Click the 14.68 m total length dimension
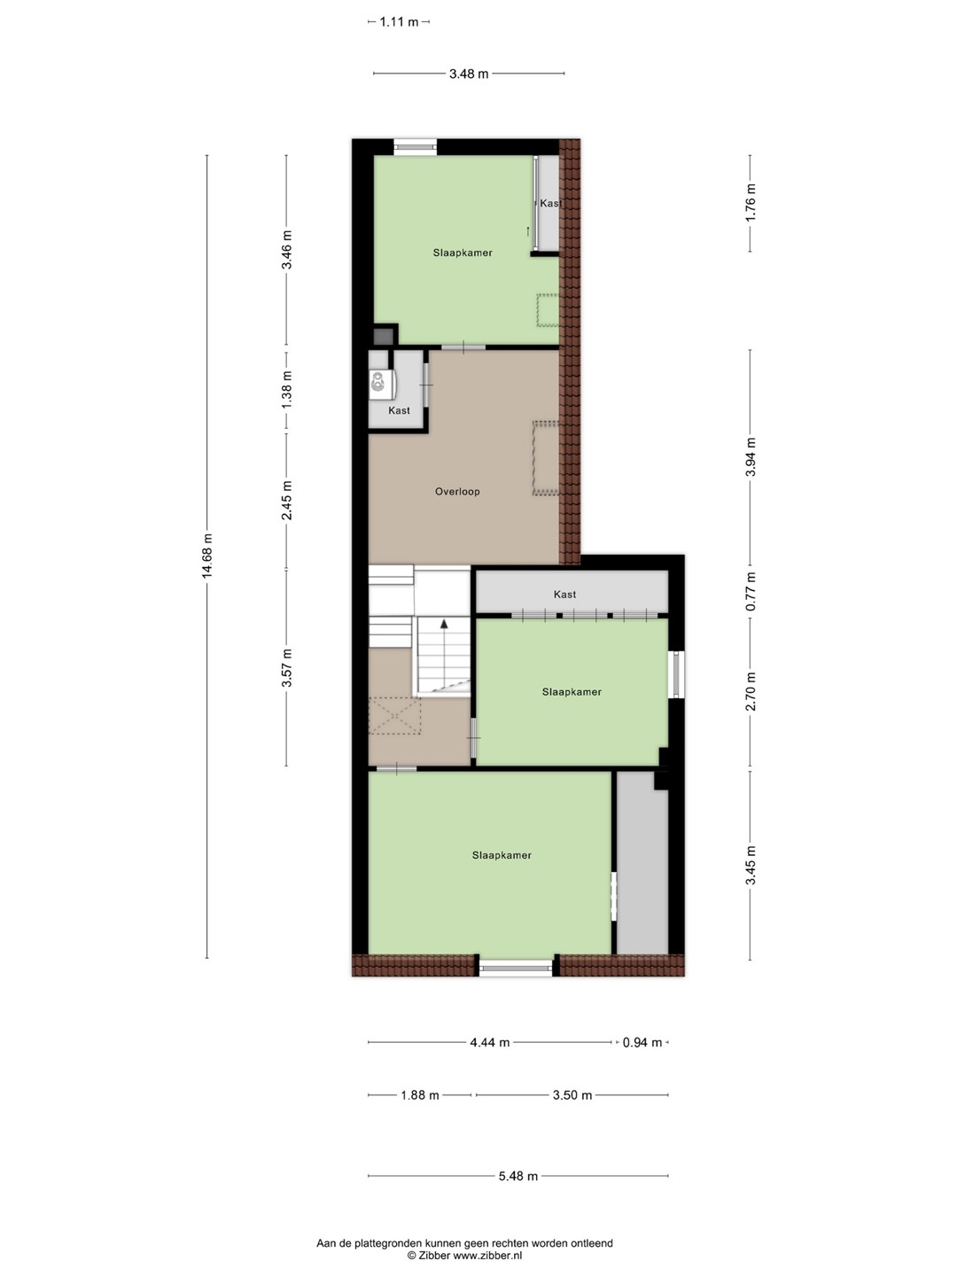tap(207, 556)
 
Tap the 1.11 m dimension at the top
tap(399, 22)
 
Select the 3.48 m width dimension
tap(469, 74)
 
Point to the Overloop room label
tap(457, 492)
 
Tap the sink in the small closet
tap(379, 383)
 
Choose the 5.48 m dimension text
tap(518, 1176)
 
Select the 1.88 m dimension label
tap(420, 1095)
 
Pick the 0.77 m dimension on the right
tap(751, 591)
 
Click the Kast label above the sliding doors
tap(564, 595)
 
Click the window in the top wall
tap(415, 146)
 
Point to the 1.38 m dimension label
tap(286, 390)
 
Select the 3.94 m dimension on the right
tap(751, 456)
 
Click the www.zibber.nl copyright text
tap(464, 1256)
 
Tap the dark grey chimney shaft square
tap(383, 337)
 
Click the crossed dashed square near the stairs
tap(394, 716)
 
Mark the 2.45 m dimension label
tap(286, 501)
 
